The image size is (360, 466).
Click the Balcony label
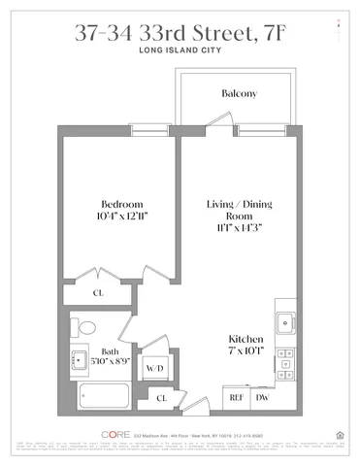point(239,94)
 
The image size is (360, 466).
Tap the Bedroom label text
point(122,204)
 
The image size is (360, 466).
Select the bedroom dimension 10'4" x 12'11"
point(122,217)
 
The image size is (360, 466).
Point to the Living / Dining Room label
point(237,211)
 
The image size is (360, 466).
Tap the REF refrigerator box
point(236,398)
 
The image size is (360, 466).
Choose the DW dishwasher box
point(261,398)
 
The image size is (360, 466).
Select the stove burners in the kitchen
point(285,364)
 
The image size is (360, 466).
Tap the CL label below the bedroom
point(98,291)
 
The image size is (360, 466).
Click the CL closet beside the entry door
point(163,399)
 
